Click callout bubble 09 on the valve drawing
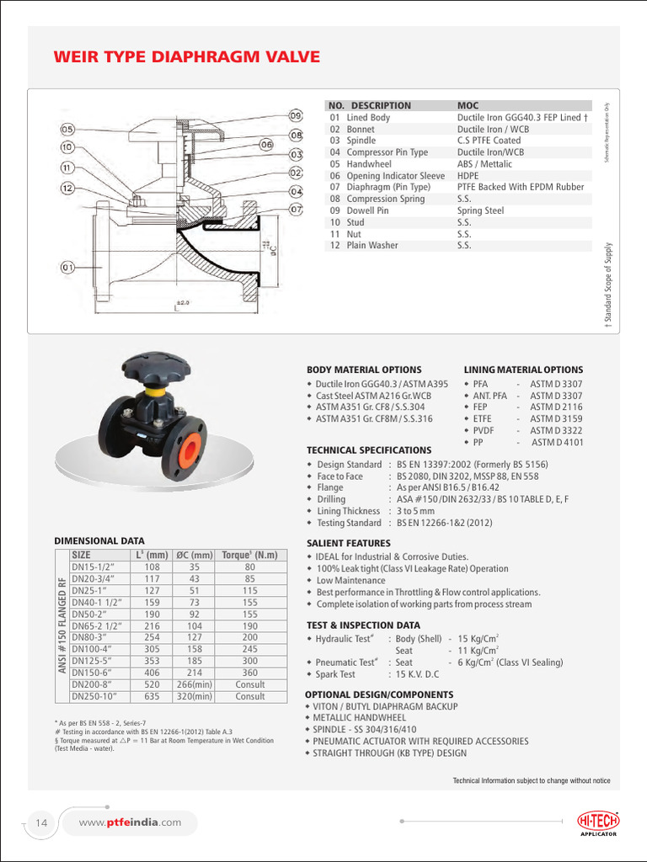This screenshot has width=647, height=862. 296,115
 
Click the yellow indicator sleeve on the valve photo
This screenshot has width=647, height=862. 154,392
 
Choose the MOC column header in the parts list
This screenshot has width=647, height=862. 468,105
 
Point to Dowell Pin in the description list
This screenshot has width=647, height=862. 370,210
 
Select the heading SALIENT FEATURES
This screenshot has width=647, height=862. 349,543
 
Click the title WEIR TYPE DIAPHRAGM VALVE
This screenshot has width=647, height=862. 187,57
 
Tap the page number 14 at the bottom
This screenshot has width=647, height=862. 41,822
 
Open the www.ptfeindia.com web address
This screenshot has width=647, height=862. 130,822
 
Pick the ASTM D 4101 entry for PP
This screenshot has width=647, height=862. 557,442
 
